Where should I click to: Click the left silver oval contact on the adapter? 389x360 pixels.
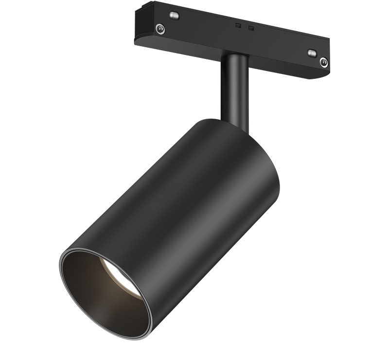(174, 15)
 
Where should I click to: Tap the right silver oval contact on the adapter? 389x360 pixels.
(312, 53)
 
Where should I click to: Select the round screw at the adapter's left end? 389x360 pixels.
(160, 29)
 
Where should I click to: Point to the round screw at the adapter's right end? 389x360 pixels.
(323, 62)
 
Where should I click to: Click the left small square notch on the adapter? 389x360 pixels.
(238, 25)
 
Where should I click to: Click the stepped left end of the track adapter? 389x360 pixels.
(141, 19)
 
